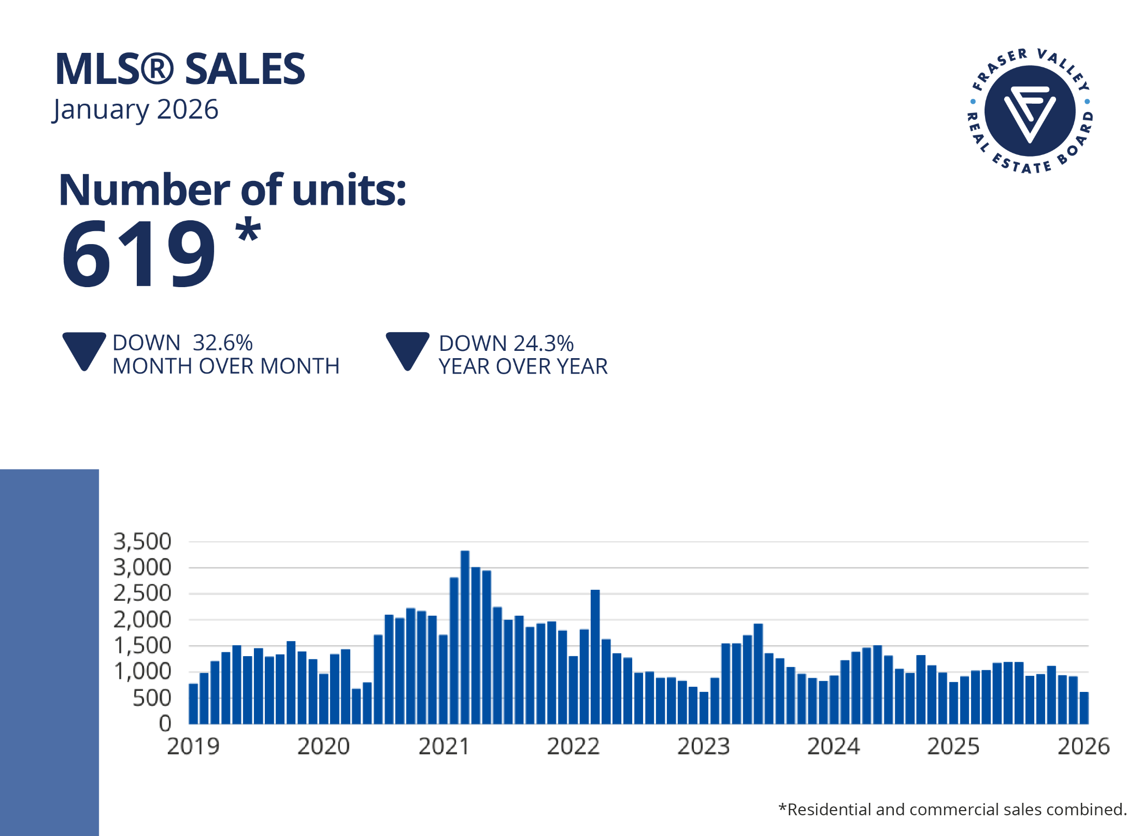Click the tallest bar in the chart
click(x=465, y=637)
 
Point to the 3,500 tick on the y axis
click(x=142, y=542)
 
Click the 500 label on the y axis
click(x=151, y=698)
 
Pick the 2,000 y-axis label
click(x=142, y=620)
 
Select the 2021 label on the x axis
click(x=444, y=747)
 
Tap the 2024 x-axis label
click(x=833, y=747)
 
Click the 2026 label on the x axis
click(x=1084, y=747)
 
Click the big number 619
click(x=138, y=254)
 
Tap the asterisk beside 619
click(x=248, y=231)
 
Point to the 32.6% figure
click(x=222, y=343)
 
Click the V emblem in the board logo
click(x=1030, y=111)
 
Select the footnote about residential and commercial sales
click(x=952, y=810)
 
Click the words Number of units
click(x=232, y=190)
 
